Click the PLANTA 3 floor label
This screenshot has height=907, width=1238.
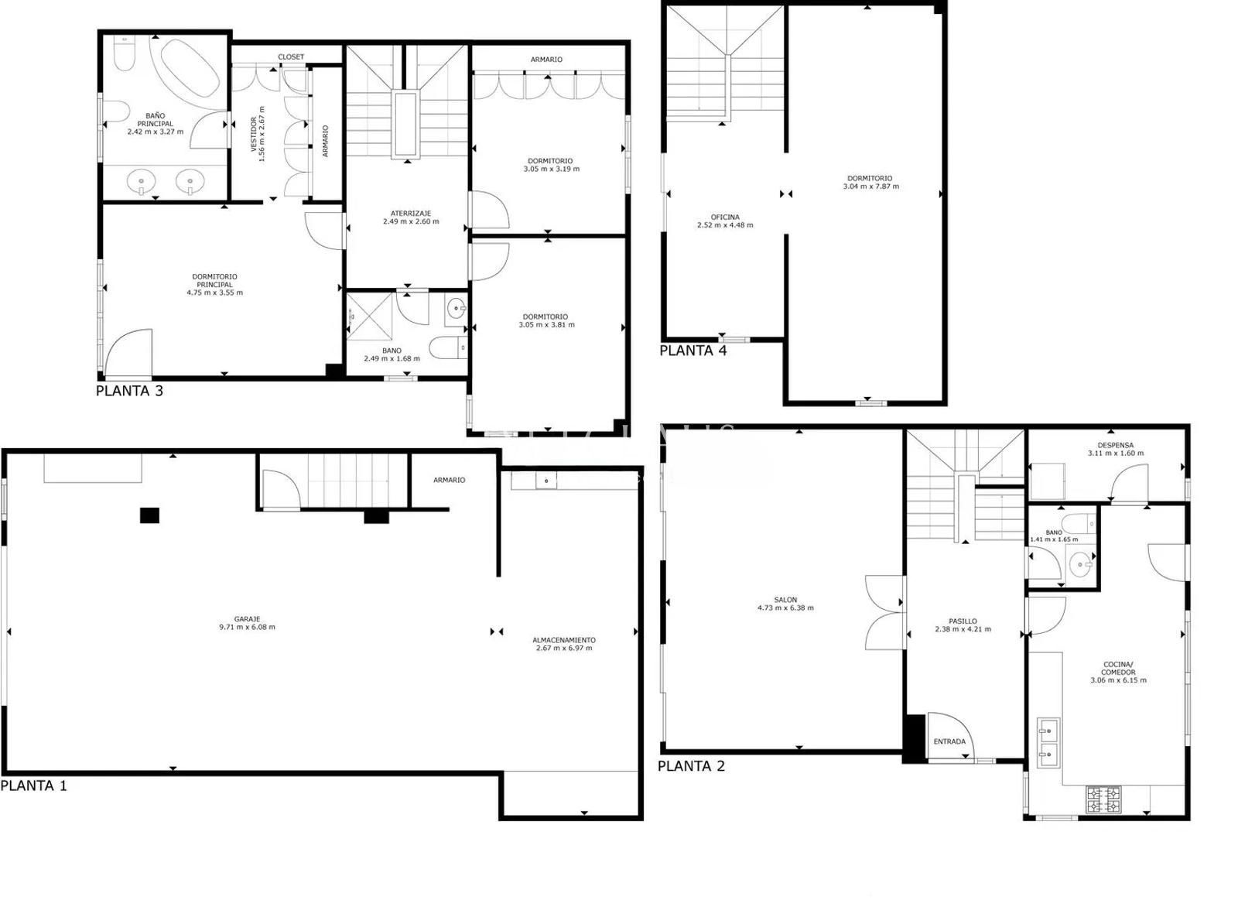click(129, 391)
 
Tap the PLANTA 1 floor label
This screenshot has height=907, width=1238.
click(34, 785)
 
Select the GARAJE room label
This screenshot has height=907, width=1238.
click(247, 619)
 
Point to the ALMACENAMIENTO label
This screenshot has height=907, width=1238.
click(563, 640)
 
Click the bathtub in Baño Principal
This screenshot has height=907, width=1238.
click(190, 67)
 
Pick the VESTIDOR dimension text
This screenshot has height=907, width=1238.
click(262, 134)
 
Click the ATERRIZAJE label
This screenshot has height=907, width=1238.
click(410, 213)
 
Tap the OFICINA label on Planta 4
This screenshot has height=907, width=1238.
click(724, 217)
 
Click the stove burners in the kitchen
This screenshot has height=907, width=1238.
click(1103, 800)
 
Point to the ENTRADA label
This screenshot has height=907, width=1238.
click(949, 741)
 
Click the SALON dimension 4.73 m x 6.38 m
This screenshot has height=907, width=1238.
click(785, 608)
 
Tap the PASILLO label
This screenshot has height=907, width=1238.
click(963, 621)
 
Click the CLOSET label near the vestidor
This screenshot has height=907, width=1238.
click(291, 57)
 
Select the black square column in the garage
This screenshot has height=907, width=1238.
click(149, 515)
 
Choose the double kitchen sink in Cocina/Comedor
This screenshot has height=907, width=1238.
click(1048, 741)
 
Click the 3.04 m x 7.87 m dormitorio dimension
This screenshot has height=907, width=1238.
click(870, 187)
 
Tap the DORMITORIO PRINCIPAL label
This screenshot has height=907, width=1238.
click(214, 280)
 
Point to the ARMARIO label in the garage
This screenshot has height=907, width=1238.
click(449, 480)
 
